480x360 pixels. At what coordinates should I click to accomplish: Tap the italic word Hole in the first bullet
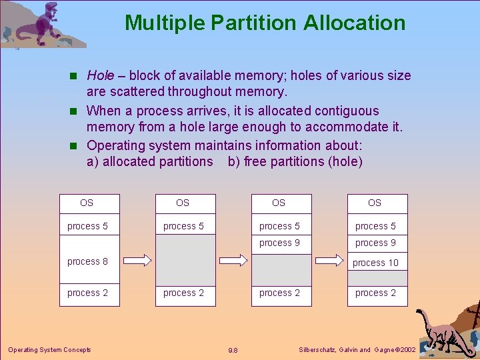pyautogui.click(x=101, y=76)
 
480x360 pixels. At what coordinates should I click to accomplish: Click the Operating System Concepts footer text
pyautogui.click(x=49, y=350)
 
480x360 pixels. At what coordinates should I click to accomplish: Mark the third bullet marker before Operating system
pyautogui.click(x=75, y=146)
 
